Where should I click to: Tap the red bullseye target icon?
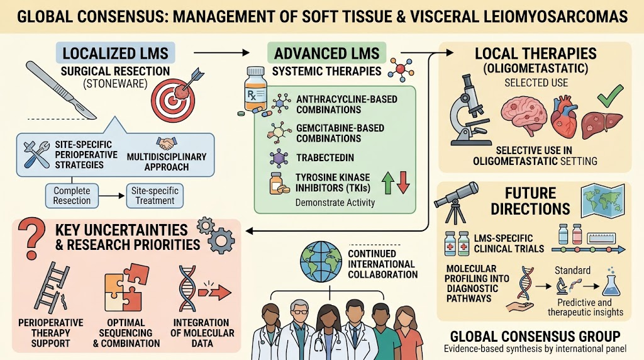click(172, 99)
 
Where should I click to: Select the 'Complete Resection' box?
click(72, 196)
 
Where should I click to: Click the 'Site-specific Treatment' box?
click(155, 196)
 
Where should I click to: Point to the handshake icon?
click(166, 143)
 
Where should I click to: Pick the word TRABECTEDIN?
click(325, 158)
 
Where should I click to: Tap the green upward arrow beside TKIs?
click(388, 183)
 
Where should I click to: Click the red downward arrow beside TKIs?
click(403, 183)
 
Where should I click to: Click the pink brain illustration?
click(524, 116)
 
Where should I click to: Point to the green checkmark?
click(610, 96)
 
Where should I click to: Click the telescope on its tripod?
click(456, 203)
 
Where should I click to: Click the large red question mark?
click(31, 237)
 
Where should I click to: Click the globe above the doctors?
click(321, 262)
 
